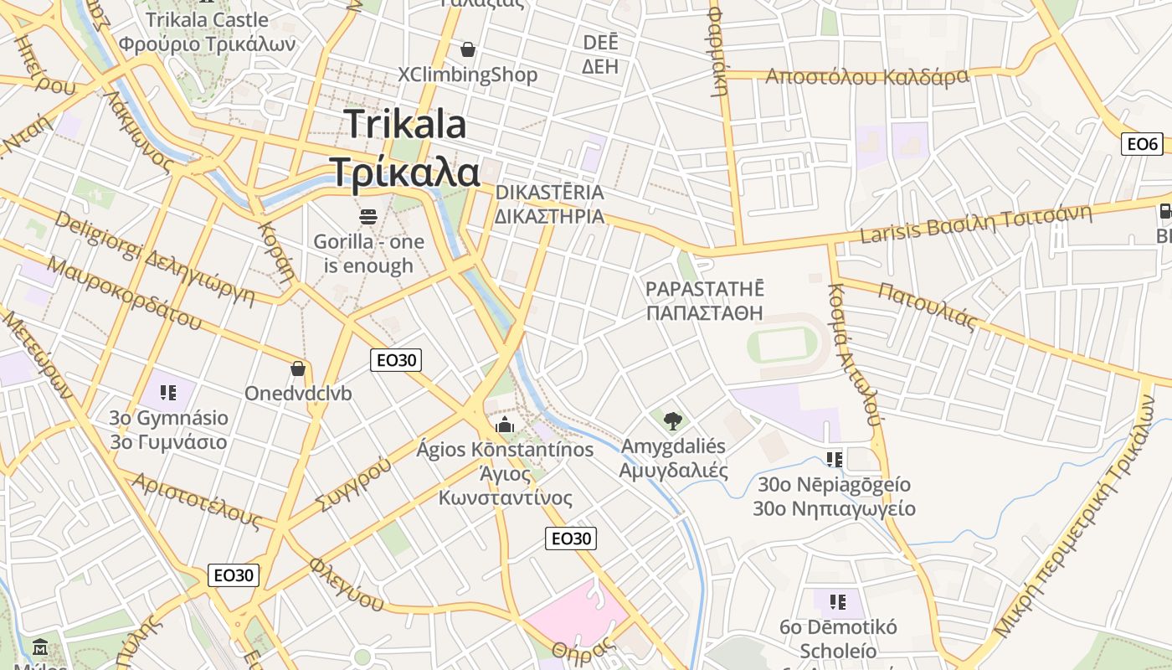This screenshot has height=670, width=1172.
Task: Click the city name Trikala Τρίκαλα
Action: coord(404,148)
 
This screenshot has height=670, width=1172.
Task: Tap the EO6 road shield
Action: coord(1142,144)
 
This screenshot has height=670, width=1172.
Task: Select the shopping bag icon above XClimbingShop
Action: coord(467,50)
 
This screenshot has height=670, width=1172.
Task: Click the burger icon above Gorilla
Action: coord(368,217)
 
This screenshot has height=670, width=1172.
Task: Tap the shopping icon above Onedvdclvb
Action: coord(297,368)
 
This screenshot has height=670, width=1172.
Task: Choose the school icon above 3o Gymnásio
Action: coord(168,392)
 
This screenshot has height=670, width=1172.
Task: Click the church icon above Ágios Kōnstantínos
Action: coord(504,425)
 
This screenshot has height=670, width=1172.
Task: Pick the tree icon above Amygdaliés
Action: coord(671,420)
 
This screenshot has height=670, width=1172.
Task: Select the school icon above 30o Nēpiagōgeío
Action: coord(834,459)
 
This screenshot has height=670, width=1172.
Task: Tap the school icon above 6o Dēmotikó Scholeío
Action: coord(837,601)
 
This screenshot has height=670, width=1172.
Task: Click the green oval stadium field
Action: coord(782,344)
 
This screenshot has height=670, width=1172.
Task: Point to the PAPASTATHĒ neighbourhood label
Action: coord(705,301)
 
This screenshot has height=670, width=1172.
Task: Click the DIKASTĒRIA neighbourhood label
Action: coord(549,204)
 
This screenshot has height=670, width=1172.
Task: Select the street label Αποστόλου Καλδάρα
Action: coord(867,77)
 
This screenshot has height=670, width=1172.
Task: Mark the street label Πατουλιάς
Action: coord(928,307)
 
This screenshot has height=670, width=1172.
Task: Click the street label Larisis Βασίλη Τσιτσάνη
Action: coord(976,223)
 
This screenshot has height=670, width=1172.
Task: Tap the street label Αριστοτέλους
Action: coord(197,500)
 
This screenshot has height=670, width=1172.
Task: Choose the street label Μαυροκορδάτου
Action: coord(125,292)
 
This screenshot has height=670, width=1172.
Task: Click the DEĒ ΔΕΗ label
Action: coord(600,54)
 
